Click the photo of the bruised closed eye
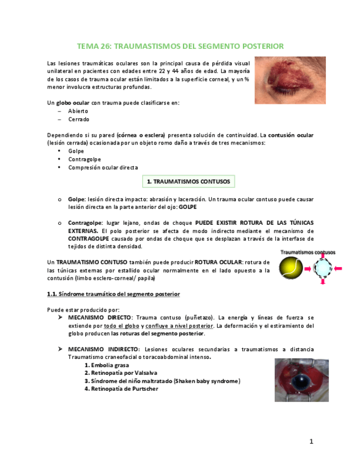290,80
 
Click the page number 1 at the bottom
311,441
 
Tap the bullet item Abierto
77,111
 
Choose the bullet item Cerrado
79,119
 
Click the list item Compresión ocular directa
103,168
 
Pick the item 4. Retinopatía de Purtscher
121,389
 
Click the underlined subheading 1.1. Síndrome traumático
113,294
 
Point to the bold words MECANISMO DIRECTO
99,318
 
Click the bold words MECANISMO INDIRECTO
103,349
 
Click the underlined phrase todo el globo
120,325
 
